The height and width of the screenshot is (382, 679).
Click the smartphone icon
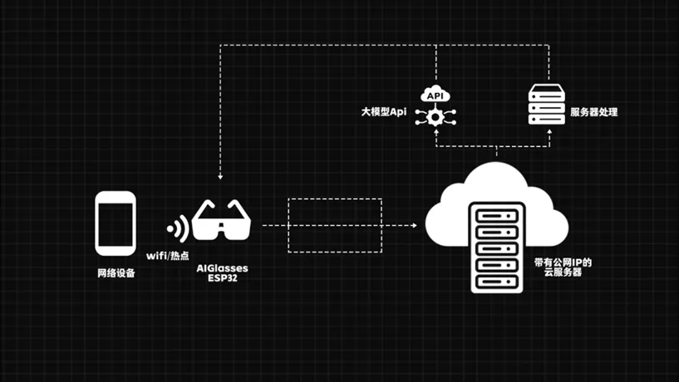pyautogui.click(x=116, y=223)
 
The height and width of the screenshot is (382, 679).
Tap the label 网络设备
pyautogui.click(x=116, y=272)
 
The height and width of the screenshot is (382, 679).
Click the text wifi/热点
pyautogui.click(x=168, y=256)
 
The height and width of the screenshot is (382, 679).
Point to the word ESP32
pyautogui.click(x=221, y=279)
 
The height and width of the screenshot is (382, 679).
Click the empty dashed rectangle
pyautogui.click(x=334, y=225)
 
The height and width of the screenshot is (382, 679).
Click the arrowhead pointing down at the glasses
pyautogui.click(x=220, y=176)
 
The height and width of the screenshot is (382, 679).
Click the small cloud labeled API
pyautogui.click(x=435, y=95)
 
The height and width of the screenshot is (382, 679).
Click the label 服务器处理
pyautogui.click(x=595, y=111)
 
